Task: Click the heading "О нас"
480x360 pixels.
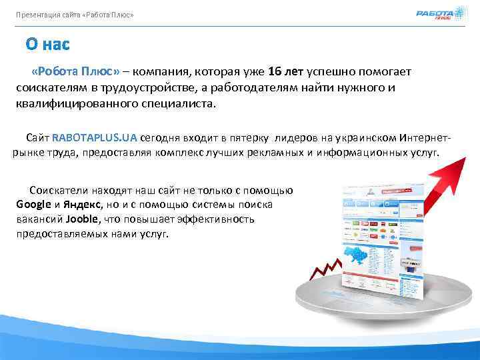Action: pyautogui.click(x=47, y=44)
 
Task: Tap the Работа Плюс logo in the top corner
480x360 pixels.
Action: pyautogui.click(x=435, y=14)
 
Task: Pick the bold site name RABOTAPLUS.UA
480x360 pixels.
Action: pyautogui.click(x=94, y=137)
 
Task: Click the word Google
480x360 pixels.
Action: pyautogui.click(x=34, y=204)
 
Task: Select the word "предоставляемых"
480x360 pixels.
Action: pyautogui.click(x=59, y=235)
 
